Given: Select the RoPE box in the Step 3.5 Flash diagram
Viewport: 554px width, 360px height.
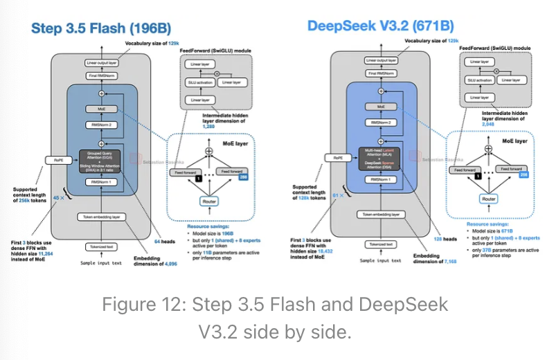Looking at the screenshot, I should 59,160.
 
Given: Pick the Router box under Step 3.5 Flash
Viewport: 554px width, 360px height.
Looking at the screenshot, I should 208,201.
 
